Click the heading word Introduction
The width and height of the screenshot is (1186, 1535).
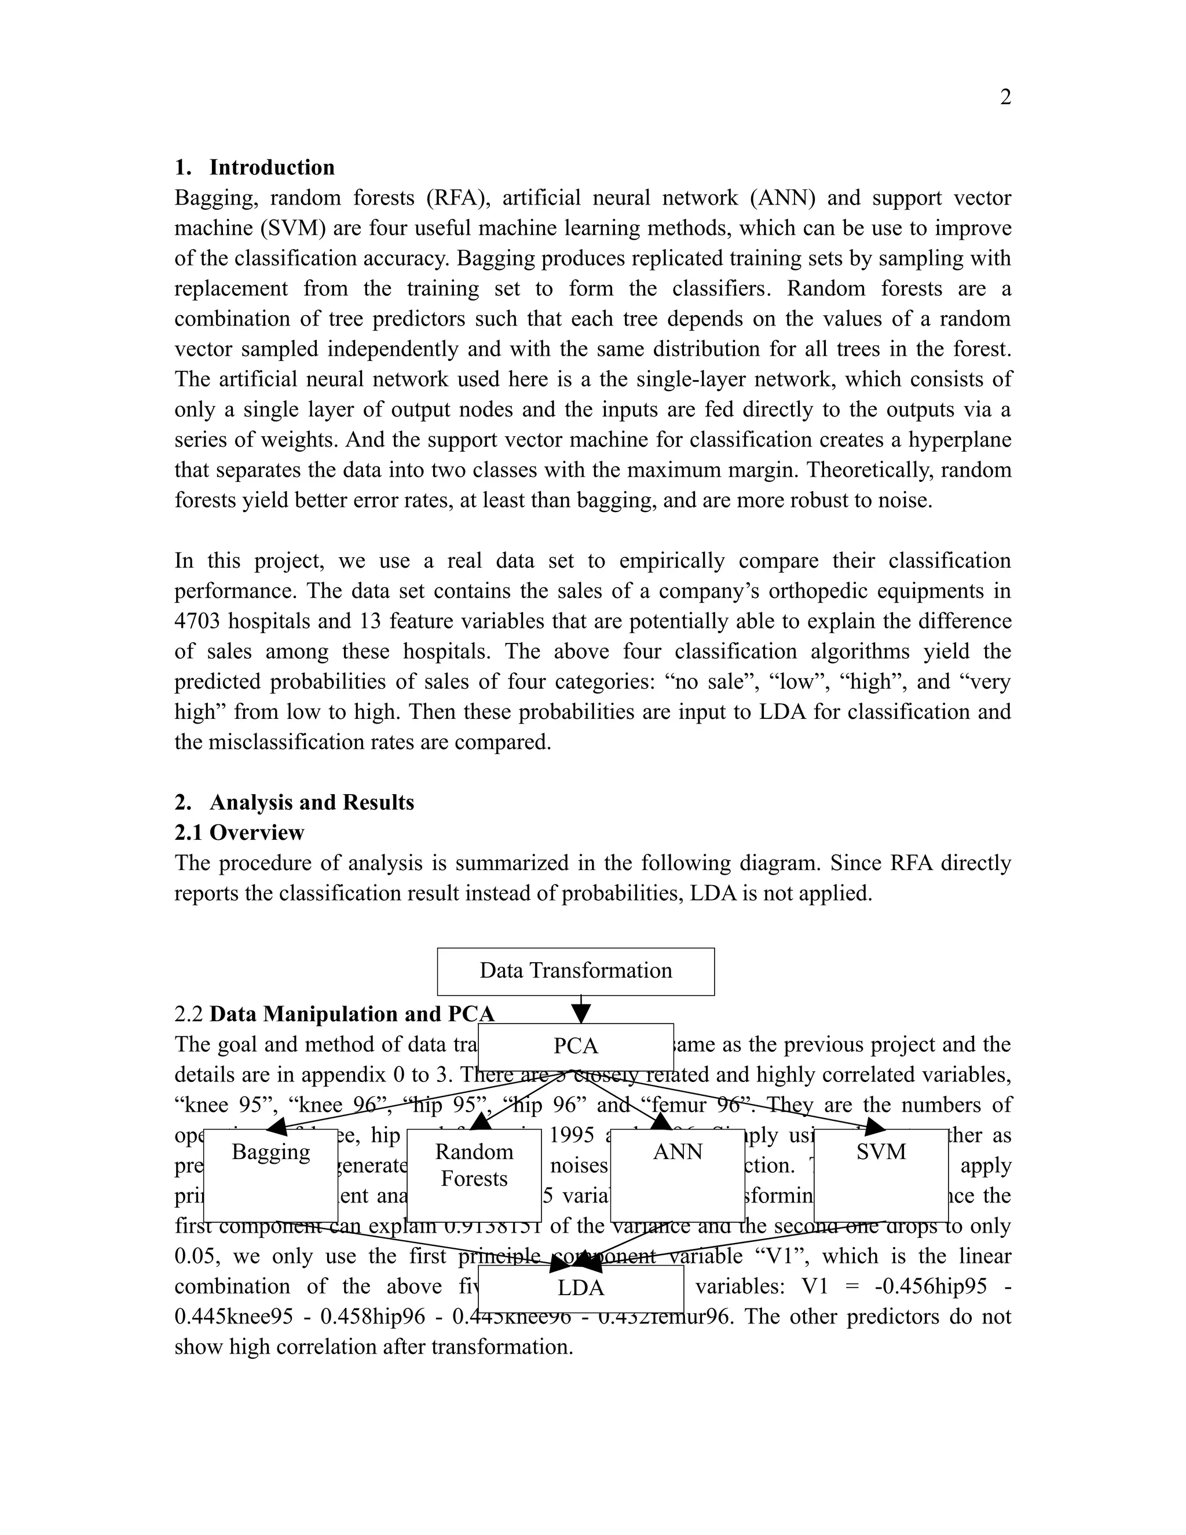point(272,167)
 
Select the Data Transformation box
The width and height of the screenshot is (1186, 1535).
point(576,971)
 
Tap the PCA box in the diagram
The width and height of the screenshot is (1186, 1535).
point(576,1046)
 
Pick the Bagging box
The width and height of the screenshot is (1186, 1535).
point(270,1175)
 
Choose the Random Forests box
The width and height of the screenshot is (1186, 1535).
point(474,1175)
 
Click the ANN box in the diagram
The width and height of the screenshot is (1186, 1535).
point(678,1175)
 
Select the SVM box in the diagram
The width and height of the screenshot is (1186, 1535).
point(881,1175)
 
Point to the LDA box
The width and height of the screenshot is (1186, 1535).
point(580,1288)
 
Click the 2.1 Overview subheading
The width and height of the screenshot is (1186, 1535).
point(239,832)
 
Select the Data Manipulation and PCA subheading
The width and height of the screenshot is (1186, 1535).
point(352,1014)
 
